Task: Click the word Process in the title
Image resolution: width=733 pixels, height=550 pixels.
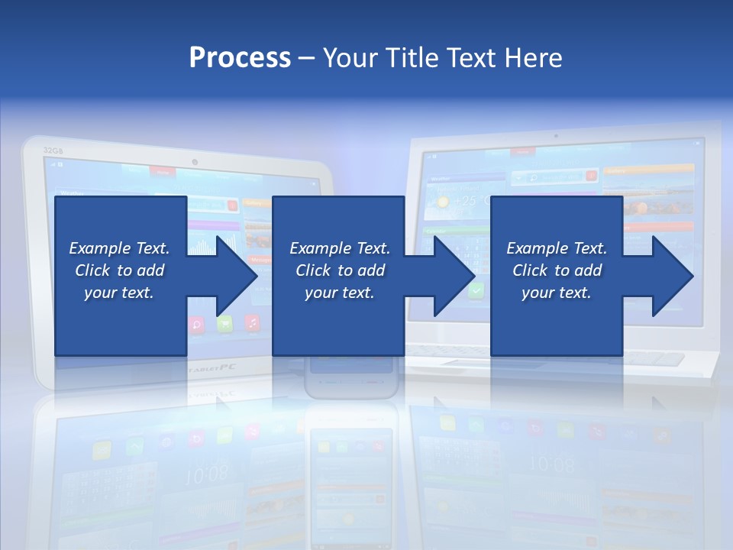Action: tap(240, 58)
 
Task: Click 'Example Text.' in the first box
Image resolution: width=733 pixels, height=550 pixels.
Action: tap(119, 248)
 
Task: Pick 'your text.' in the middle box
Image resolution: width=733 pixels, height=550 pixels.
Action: tap(340, 293)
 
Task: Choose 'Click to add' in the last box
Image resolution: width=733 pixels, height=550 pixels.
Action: tap(557, 270)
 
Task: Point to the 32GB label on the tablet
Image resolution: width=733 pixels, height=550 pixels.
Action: tap(53, 150)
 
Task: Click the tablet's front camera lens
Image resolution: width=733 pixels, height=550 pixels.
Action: tap(195, 162)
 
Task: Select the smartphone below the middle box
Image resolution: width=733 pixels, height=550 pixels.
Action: tap(351, 378)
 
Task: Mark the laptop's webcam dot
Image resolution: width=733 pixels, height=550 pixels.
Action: tap(555, 136)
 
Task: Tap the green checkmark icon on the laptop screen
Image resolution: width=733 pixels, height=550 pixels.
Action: tap(476, 290)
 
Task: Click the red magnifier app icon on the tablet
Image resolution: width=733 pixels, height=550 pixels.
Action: tap(196, 324)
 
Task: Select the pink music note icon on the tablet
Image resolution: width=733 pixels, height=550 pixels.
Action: tap(252, 322)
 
